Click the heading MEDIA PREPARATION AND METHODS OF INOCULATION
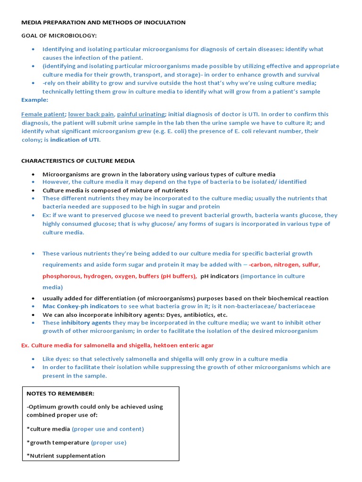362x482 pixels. coord(103,22)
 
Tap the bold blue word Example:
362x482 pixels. coord(34,100)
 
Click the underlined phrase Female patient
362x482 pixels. coord(43,114)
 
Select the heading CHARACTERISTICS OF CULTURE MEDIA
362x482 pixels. coord(78,161)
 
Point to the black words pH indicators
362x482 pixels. coord(219,276)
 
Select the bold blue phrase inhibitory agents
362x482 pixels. coord(86,322)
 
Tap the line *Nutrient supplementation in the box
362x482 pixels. coord(66,455)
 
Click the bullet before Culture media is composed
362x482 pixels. coord(33,191)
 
